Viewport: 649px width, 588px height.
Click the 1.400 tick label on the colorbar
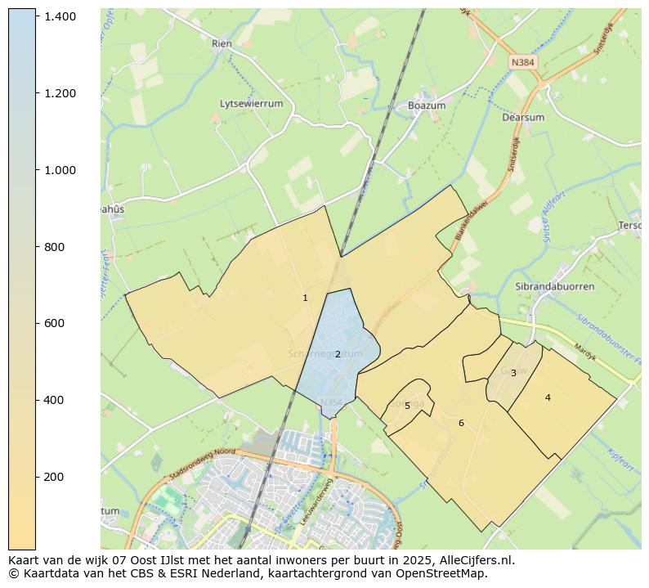click(60, 16)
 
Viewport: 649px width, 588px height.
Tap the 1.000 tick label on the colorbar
click(60, 170)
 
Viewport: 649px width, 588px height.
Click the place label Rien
click(222, 43)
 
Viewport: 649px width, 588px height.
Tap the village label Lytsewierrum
click(251, 104)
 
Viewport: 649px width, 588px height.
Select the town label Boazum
click(427, 105)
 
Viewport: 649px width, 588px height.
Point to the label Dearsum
click(522, 117)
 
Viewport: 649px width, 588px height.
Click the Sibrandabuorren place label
click(554, 287)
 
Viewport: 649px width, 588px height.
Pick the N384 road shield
click(522, 62)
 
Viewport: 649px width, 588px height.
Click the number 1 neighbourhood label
click(305, 298)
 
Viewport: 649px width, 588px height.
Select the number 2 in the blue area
click(337, 354)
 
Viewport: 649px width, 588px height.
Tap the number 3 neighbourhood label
click(513, 373)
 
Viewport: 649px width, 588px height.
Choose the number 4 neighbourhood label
click(548, 397)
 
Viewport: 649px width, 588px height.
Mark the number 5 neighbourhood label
click(407, 406)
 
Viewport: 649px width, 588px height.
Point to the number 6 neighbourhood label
click(461, 423)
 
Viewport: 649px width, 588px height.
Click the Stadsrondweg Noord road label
click(202, 464)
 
